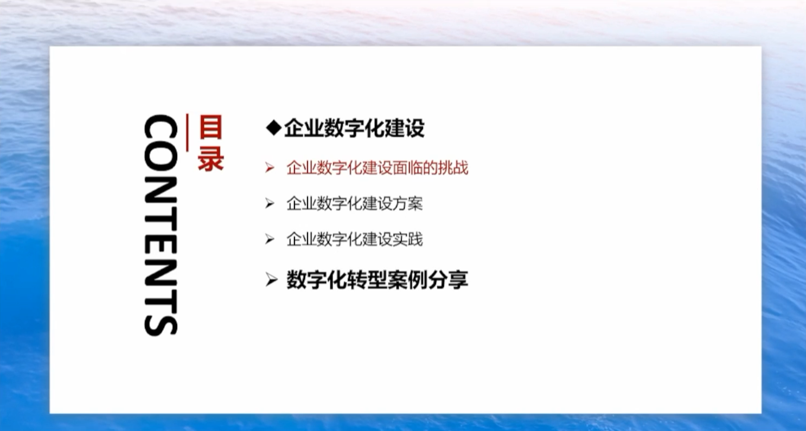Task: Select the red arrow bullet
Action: pos(270,168)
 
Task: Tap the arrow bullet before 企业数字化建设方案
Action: pos(270,204)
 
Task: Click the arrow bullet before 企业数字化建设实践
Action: pos(270,239)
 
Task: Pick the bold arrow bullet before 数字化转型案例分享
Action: pos(271,280)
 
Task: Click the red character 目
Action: pos(210,127)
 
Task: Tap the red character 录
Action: pos(210,158)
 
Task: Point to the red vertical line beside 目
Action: pos(187,132)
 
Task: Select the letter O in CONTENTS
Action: pos(161,158)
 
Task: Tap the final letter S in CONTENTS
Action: pos(161,323)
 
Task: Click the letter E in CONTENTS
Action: pos(161,241)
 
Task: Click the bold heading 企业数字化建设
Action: pos(354,128)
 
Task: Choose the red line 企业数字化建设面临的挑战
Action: pos(377,168)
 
